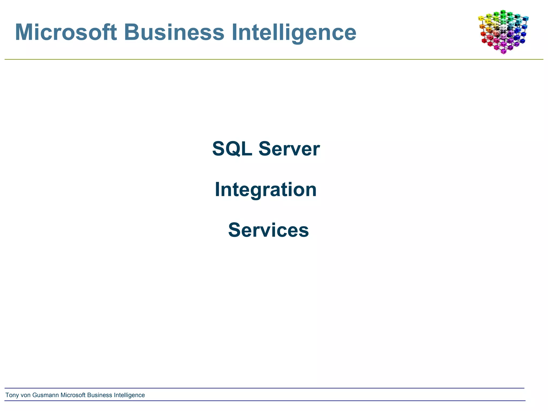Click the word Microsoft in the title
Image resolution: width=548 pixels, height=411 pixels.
[66, 32]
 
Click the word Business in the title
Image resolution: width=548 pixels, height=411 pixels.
[174, 32]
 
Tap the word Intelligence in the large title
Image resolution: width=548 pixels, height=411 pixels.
[294, 32]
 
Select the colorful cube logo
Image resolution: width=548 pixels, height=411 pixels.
[503, 32]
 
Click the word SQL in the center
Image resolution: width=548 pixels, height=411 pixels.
[232, 149]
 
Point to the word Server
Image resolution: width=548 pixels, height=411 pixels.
[289, 149]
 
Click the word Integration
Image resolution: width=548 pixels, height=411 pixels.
[266, 189]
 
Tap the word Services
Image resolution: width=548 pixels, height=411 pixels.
[268, 230]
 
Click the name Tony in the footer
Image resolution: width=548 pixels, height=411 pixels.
[12, 395]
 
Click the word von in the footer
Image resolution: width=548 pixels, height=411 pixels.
[26, 395]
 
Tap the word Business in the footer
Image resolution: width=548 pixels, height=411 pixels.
[100, 395]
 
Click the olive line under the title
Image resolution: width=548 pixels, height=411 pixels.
[268, 59]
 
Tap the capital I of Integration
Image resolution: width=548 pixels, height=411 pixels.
[217, 189]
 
